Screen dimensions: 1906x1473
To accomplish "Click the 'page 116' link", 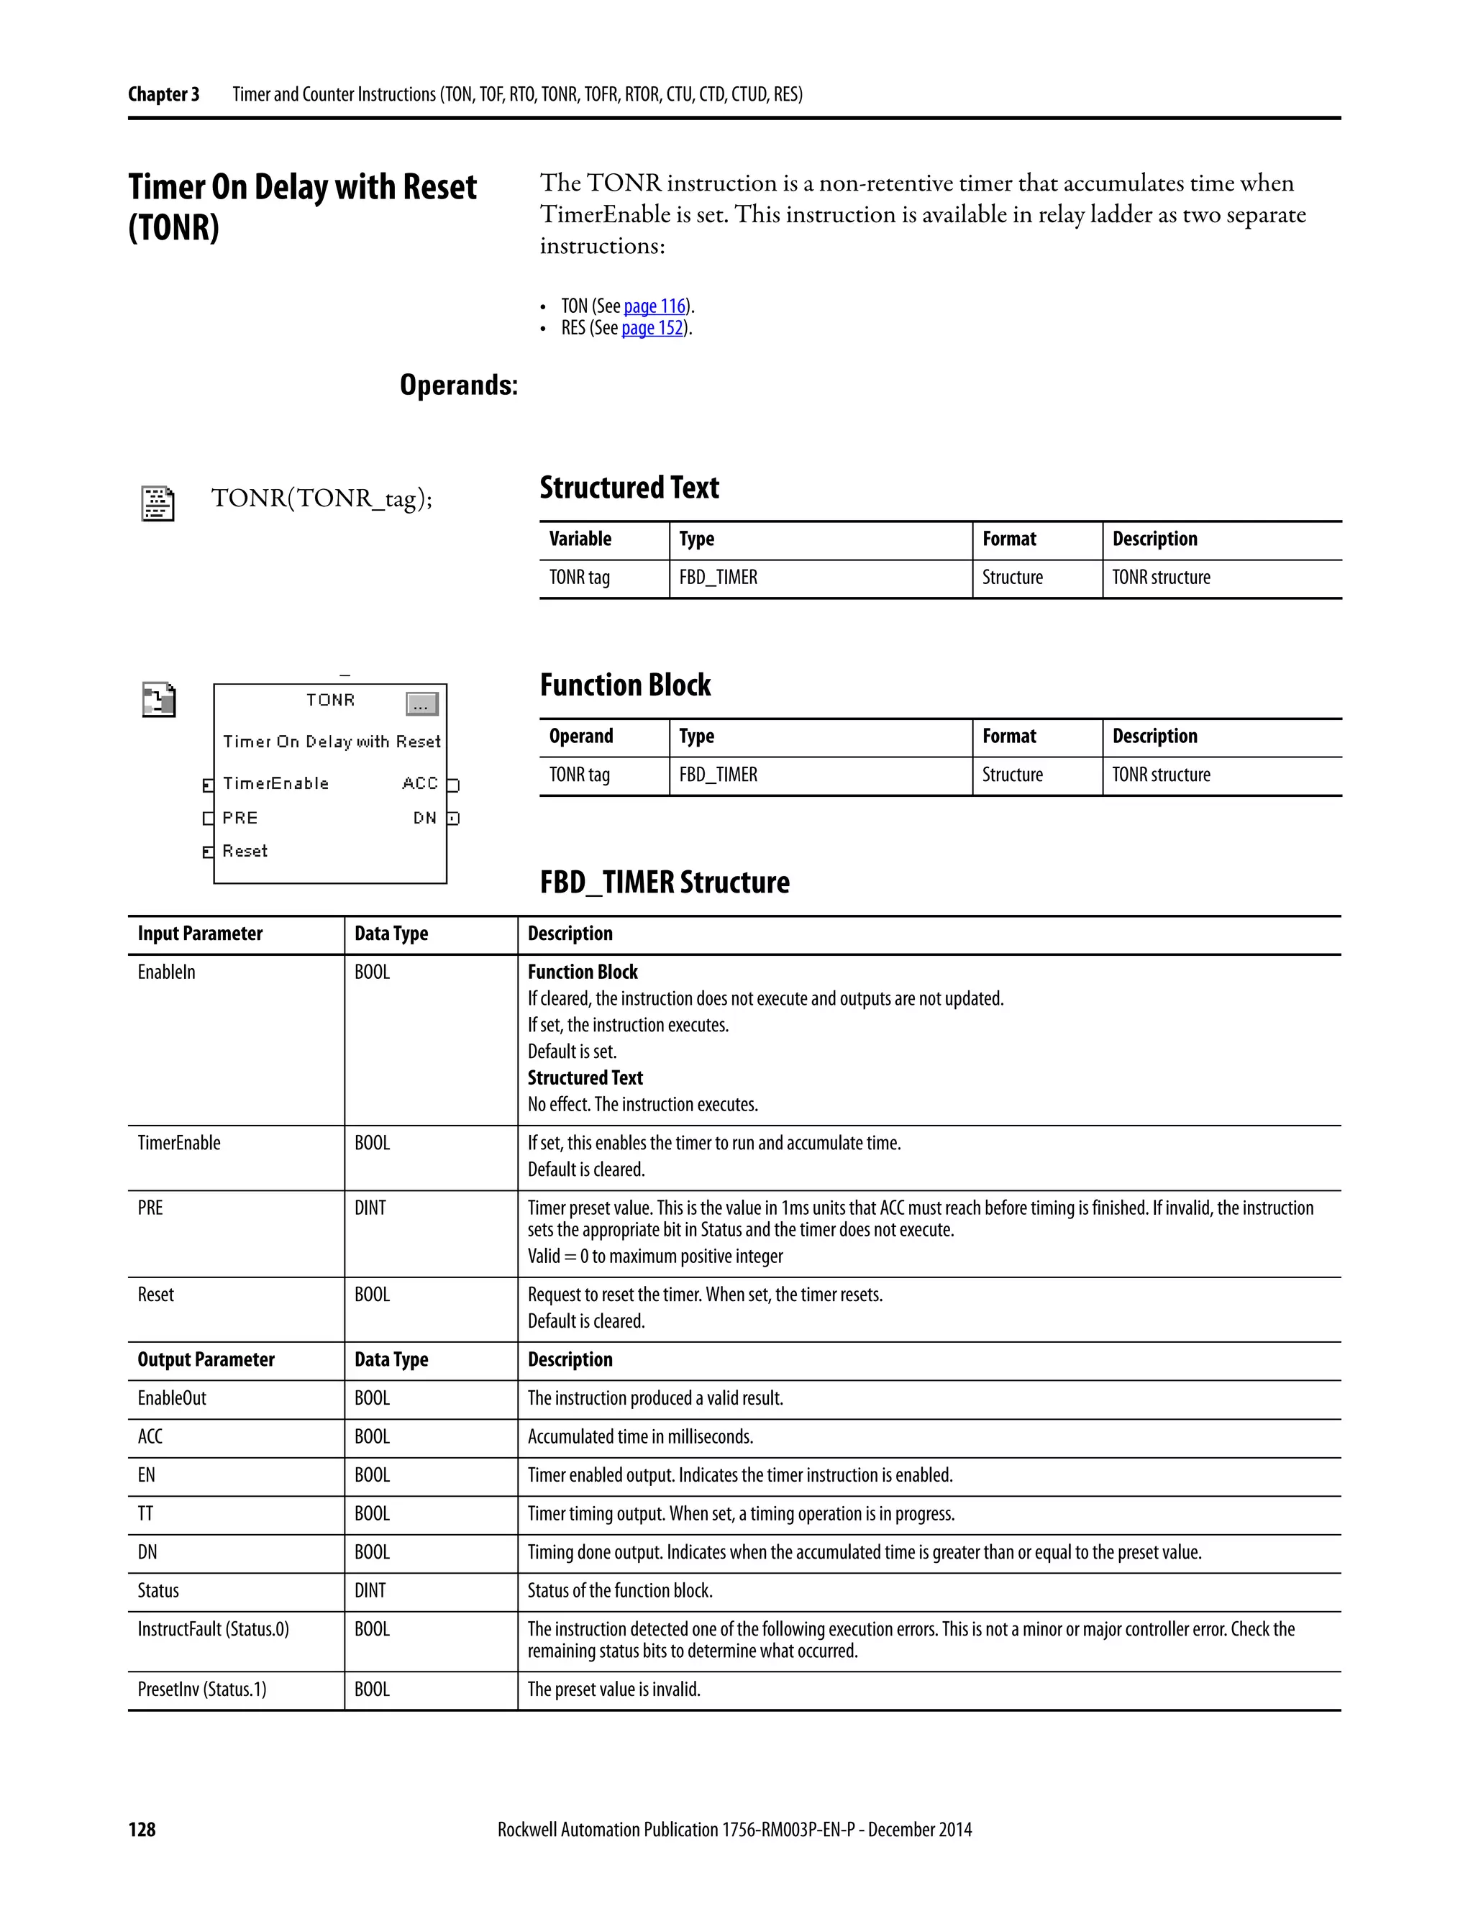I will [655, 306].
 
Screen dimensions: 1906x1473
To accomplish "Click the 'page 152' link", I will [652, 328].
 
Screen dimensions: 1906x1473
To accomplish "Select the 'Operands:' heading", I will [458, 385].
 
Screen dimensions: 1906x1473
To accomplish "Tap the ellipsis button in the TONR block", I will [421, 704].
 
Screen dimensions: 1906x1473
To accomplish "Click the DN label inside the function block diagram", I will [425, 819].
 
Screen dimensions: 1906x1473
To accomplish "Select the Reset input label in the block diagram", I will [245, 851].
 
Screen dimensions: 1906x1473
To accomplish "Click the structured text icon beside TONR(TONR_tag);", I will [158, 503].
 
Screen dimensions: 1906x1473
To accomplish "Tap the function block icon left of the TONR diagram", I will [159, 700].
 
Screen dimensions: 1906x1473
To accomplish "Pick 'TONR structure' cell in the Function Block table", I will [1161, 775].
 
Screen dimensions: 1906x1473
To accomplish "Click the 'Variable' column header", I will [580, 539].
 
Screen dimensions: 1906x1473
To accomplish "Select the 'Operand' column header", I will [581, 737].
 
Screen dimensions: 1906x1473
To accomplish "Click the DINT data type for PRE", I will [370, 1208].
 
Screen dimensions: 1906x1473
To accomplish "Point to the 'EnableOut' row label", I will [172, 1398].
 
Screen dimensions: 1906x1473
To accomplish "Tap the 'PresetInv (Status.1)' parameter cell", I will [201, 1690].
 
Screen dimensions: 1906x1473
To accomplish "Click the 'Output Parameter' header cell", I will [206, 1359].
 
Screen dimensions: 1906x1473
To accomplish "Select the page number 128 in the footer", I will [142, 1829].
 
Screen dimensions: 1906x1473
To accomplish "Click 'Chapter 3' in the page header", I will [163, 94].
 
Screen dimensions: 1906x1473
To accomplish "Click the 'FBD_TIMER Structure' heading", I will [664, 883].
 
